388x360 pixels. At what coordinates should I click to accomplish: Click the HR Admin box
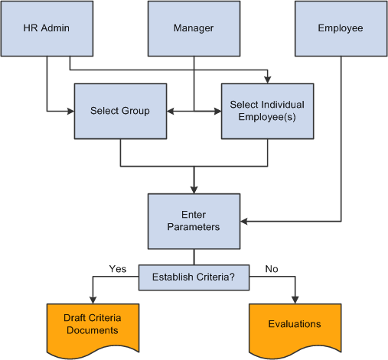[x=47, y=28]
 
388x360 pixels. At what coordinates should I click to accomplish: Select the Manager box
[x=194, y=28]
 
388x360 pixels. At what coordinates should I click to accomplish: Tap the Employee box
[x=341, y=28]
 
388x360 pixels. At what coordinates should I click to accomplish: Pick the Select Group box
[x=120, y=111]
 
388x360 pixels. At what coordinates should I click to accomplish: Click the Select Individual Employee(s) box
[x=267, y=111]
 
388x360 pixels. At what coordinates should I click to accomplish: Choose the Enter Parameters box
[x=194, y=222]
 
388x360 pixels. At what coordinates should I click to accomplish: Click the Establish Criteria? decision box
[x=194, y=277]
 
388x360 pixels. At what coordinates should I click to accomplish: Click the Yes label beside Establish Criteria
[x=118, y=269]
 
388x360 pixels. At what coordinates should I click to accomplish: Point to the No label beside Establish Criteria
[x=272, y=269]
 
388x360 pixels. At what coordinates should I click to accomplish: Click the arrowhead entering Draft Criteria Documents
[x=93, y=300]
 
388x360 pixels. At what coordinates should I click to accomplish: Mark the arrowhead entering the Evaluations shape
[x=295, y=300]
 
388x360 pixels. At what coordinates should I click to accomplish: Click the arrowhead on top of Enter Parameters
[x=194, y=190]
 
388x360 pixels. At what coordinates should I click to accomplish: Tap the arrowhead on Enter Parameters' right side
[x=244, y=222]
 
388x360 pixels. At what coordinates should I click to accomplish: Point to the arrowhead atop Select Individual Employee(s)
[x=267, y=79]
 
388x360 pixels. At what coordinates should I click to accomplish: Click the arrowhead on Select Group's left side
[x=70, y=111]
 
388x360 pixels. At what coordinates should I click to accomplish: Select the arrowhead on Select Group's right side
[x=171, y=111]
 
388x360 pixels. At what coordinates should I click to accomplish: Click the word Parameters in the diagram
[x=194, y=227]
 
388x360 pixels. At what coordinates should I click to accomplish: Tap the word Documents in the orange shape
[x=93, y=330]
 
